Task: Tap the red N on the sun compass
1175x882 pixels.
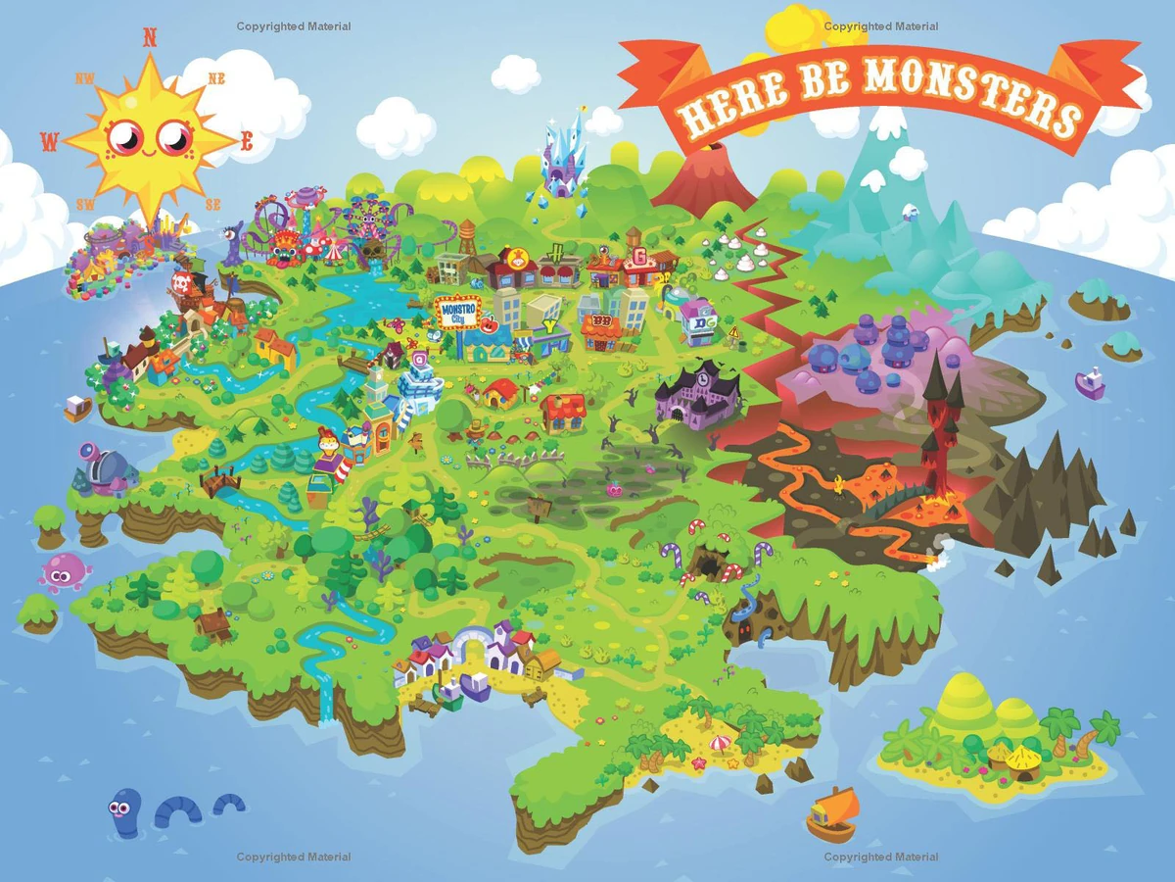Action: (150, 38)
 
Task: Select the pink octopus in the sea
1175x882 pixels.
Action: (64, 570)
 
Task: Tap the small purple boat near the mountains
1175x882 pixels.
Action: (1090, 382)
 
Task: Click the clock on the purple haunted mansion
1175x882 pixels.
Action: (703, 373)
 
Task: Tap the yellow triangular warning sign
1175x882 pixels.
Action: (733, 332)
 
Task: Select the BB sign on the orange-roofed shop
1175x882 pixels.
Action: (599, 322)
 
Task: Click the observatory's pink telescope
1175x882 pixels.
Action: (88, 452)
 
